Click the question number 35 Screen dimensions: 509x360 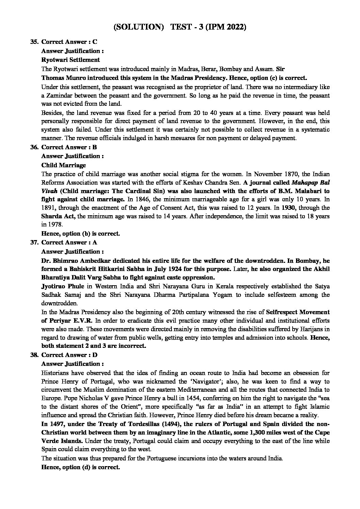tap(34, 42)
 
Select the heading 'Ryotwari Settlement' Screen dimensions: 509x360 tap(70, 60)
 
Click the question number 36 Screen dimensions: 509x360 tap(34, 147)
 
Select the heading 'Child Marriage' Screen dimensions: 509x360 tap(63, 165)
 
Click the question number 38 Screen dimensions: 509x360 tap(34, 355)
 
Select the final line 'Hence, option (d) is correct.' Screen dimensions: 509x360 tap(80, 467)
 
